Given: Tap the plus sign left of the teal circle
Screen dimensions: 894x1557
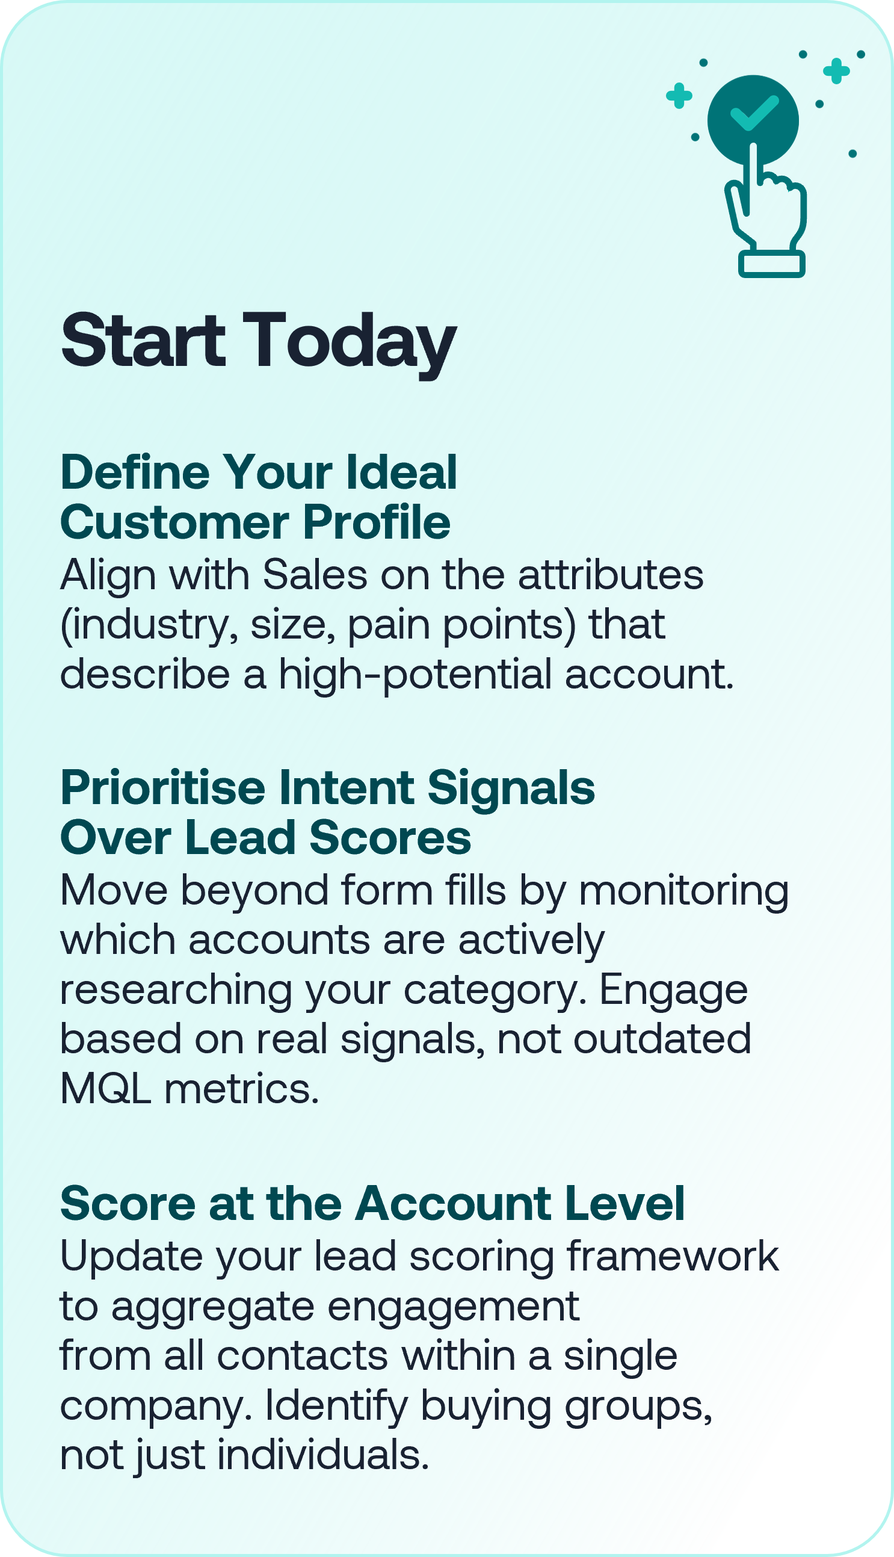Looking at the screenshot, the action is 679,96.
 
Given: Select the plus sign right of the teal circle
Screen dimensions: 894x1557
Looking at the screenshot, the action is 836,70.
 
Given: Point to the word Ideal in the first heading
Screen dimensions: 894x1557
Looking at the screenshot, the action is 401,472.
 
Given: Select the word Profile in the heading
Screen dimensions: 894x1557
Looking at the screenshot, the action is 377,522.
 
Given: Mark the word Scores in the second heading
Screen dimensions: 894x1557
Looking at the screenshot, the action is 390,838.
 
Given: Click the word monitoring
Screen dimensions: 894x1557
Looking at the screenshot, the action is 684,892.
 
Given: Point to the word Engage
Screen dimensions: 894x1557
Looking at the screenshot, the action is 674,991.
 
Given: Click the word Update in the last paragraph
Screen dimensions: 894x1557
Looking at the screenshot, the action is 131,1257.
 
